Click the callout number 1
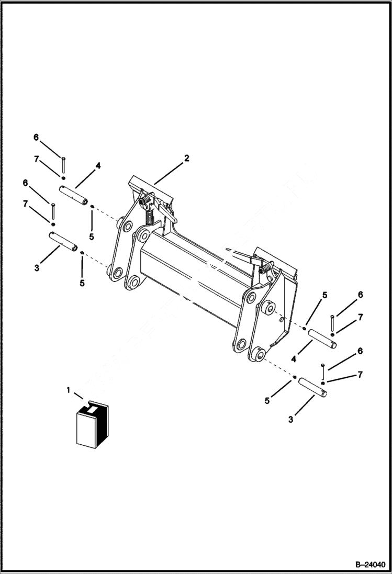coord(68,390)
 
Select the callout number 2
coord(187,158)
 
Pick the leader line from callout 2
coord(169,171)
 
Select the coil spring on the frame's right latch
coord(266,268)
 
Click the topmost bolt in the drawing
coord(63,164)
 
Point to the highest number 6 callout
coord(36,138)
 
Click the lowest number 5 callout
coord(267,401)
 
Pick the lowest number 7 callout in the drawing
coord(360,375)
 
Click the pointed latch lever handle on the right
coord(238,254)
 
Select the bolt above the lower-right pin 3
coord(323,371)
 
